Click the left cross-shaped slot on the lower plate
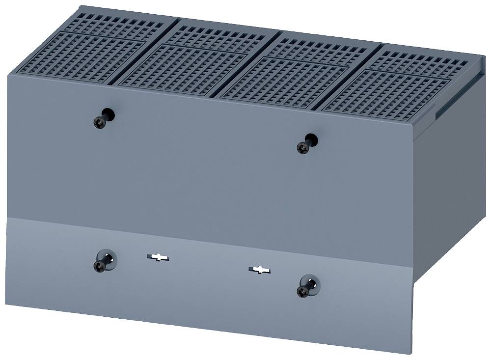click(157, 257)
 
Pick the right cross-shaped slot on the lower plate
click(260, 269)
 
